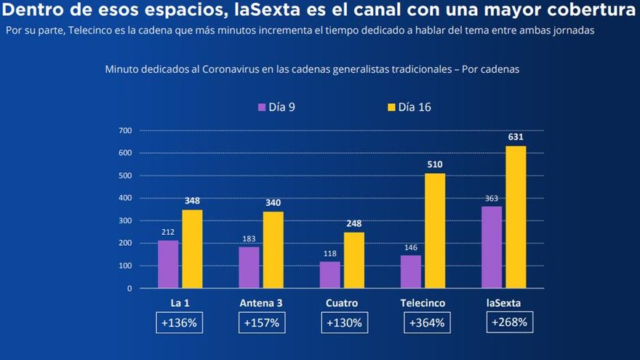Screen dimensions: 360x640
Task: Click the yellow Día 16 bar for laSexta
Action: pos(516,217)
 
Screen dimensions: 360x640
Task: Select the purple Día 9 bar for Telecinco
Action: pos(410,271)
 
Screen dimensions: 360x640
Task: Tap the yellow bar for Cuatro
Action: pos(354,260)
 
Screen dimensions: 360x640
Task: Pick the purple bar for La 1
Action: pos(168,264)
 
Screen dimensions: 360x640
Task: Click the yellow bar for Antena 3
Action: pos(273,249)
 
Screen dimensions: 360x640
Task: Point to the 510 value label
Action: pos(435,164)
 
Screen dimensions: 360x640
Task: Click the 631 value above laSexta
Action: pos(516,137)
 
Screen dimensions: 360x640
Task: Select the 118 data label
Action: pos(329,254)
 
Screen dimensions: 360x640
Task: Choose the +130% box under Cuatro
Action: pos(344,323)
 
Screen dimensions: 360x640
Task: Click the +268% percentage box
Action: pos(508,322)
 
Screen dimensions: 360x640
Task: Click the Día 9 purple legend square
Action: pos(263,107)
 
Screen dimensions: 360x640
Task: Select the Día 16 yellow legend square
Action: pos(391,107)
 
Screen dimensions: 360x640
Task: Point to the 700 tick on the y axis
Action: pos(124,131)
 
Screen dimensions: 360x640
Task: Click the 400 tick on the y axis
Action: pos(124,198)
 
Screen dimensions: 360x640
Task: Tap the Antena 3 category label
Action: pos(262,303)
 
